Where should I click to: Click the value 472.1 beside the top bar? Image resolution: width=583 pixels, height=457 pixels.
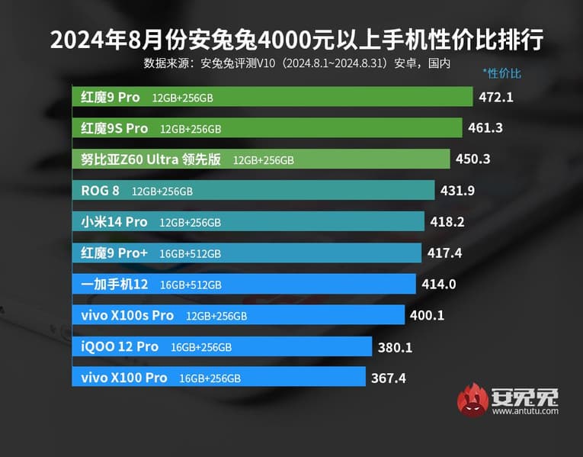[497, 97]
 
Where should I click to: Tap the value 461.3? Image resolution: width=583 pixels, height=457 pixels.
[485, 128]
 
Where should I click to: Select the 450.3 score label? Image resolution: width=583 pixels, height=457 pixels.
[472, 159]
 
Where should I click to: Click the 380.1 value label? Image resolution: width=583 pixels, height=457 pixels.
[395, 347]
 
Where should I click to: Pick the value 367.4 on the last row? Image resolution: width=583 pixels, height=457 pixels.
[389, 378]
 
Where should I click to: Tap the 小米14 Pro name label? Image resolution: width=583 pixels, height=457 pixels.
[114, 222]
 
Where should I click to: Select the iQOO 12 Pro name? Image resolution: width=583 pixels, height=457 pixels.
[120, 347]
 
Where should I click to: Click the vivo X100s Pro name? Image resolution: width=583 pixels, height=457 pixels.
[127, 316]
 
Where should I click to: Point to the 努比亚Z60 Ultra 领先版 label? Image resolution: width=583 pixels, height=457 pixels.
[150, 159]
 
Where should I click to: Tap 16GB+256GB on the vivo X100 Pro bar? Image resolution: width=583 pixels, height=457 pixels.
[210, 378]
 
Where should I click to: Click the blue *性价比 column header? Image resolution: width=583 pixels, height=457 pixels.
[501, 74]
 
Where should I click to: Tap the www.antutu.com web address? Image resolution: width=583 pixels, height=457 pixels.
[525, 412]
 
